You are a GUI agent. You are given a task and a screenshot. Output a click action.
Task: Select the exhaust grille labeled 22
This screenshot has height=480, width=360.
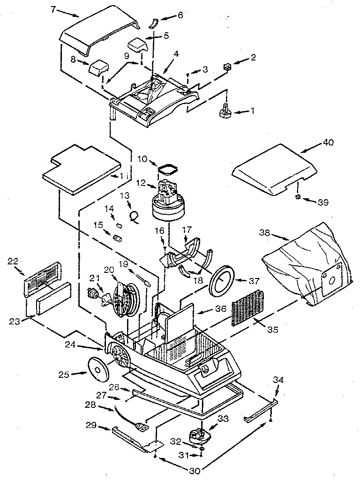point(43,282)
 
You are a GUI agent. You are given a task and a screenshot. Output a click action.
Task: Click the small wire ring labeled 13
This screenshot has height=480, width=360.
point(135,217)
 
